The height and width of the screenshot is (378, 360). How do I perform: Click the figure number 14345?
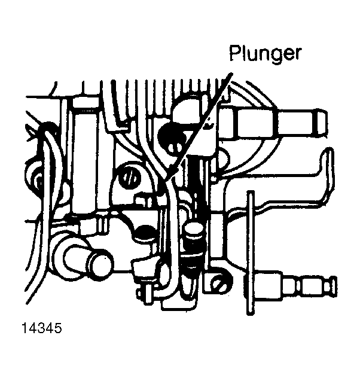coord(42,328)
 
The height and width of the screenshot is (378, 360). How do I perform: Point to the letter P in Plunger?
coord(234,53)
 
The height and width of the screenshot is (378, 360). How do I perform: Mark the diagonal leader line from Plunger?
coord(198,126)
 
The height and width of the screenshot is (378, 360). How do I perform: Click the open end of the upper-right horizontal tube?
coord(322,123)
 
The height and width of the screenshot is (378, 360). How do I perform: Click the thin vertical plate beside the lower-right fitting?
coord(251,252)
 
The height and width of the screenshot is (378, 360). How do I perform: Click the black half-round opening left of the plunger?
coord(145,231)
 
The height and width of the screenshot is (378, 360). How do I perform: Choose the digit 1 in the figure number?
coord(24,328)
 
